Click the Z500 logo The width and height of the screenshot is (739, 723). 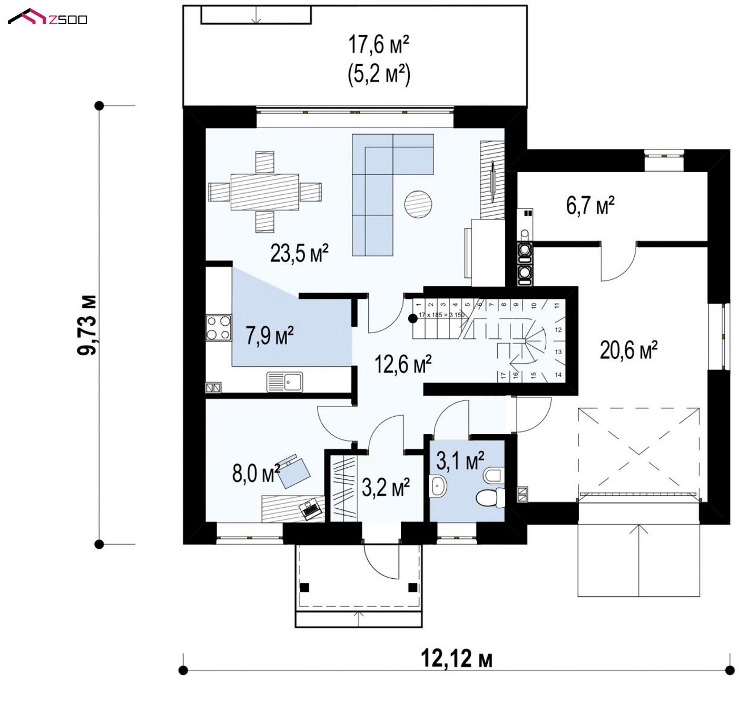(47, 17)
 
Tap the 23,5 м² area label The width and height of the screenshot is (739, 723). (299, 253)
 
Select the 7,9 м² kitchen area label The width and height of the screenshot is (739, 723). (269, 335)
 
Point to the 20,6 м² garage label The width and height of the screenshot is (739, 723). (628, 350)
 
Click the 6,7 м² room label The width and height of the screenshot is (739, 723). (590, 205)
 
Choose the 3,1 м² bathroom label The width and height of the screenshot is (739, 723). (460, 460)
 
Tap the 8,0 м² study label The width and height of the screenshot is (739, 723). (256, 474)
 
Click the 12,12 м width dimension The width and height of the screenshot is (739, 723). (456, 658)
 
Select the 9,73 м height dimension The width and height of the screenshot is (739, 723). (87, 325)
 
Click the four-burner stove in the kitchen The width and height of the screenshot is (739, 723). (219, 328)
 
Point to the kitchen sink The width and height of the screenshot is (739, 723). (284, 382)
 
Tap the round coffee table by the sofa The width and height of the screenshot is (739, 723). (418, 204)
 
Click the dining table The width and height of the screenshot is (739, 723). (264, 192)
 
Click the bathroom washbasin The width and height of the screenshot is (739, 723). (438, 486)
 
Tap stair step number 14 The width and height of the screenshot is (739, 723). (558, 375)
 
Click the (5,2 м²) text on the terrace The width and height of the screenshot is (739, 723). (379, 74)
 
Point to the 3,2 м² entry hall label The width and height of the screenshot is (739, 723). (386, 487)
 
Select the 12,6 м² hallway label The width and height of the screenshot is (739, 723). (402, 364)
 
